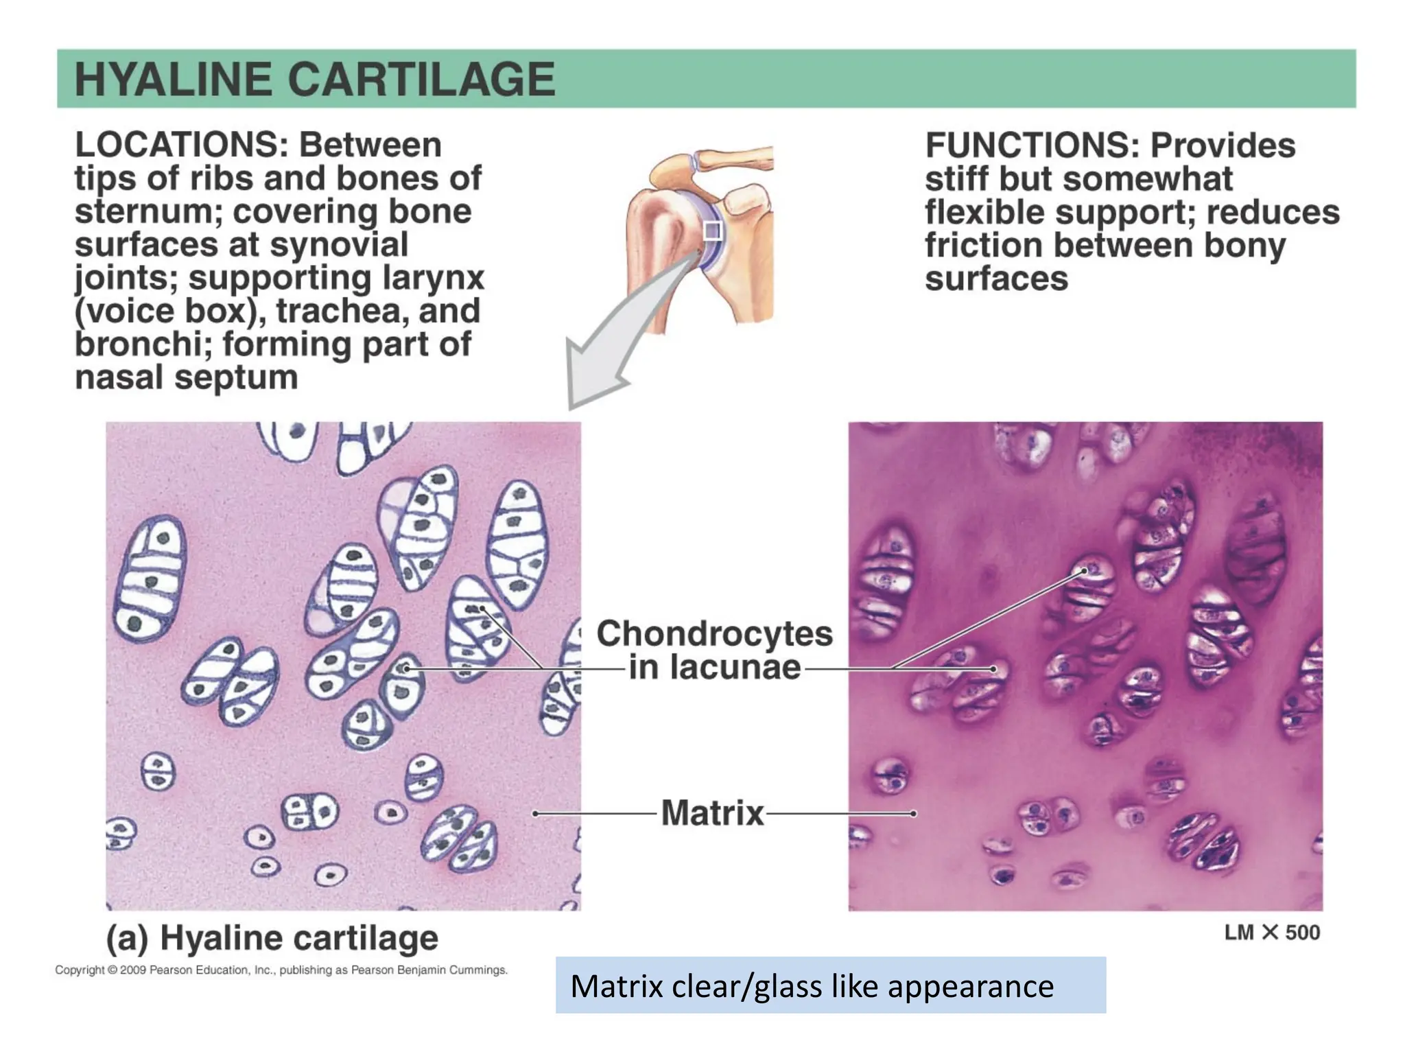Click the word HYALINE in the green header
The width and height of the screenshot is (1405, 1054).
tap(174, 80)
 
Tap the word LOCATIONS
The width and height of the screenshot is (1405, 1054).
tap(181, 145)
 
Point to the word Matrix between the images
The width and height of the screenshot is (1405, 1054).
tap(712, 813)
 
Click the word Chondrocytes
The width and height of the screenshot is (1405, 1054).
tap(714, 633)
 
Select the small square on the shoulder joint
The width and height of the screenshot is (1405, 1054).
tap(713, 231)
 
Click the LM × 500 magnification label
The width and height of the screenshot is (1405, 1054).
tap(1272, 933)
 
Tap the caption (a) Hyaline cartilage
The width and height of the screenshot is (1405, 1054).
tap(272, 938)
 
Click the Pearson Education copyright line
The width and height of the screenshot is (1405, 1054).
tap(281, 970)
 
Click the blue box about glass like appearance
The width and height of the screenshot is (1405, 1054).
tap(830, 985)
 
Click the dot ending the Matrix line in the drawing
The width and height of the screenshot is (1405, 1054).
tap(535, 813)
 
